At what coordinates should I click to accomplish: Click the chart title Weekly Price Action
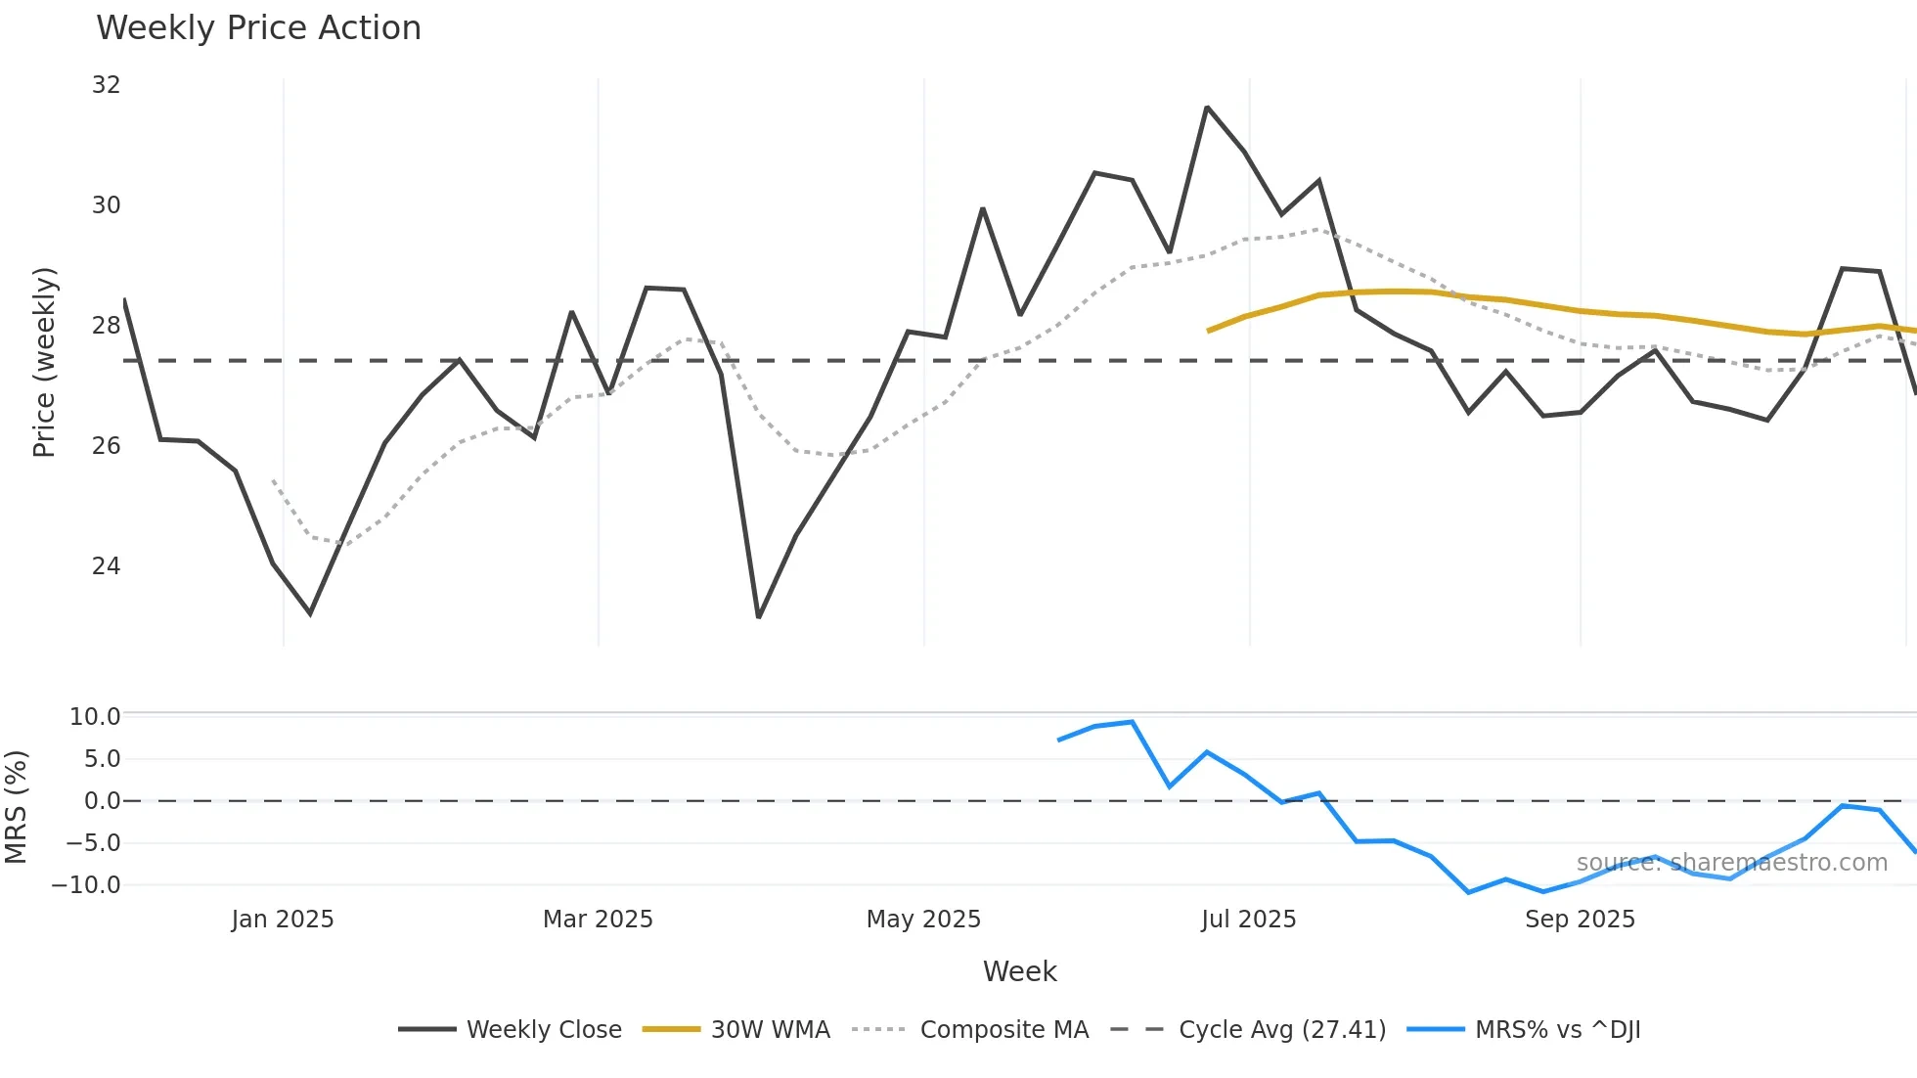click(258, 28)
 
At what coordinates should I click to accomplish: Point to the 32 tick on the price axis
click(106, 85)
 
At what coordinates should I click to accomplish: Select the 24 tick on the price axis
click(106, 566)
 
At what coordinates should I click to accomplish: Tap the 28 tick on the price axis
click(106, 326)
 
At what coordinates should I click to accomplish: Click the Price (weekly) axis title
click(44, 362)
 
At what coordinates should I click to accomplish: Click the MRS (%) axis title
click(16, 807)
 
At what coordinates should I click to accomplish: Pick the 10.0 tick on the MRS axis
click(95, 717)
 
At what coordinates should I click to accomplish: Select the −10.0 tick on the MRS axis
click(86, 885)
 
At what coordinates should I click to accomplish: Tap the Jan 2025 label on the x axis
click(283, 920)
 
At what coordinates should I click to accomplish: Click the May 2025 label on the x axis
click(923, 920)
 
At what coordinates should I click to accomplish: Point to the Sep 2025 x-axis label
click(1580, 920)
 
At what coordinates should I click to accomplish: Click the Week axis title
click(1019, 971)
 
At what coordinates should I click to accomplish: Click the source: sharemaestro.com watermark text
click(1731, 863)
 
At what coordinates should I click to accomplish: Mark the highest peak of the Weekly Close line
click(1207, 108)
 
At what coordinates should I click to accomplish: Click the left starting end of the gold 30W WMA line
click(1209, 331)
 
